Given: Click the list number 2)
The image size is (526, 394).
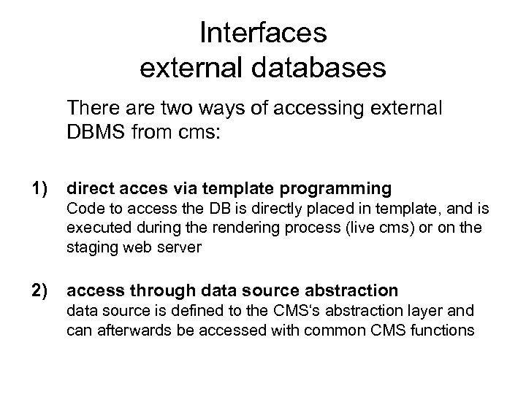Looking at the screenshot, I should pos(36,291).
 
